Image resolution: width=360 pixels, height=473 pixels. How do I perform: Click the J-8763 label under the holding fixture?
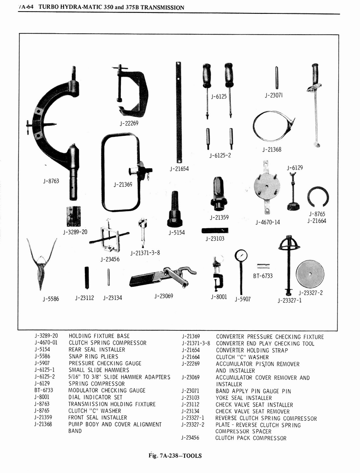coord(51,181)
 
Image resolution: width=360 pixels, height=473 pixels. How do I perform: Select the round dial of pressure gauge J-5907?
coord(240,255)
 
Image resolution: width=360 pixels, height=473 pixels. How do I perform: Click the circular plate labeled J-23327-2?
coord(310,274)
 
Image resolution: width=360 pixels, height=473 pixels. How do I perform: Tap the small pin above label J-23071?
coord(276,77)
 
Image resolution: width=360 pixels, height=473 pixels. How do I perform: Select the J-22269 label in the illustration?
coord(129,123)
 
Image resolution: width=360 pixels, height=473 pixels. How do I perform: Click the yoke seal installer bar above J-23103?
coord(215,230)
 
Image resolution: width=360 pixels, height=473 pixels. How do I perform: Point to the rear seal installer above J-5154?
coord(174,210)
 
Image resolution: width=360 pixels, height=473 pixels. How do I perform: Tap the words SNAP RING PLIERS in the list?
coord(93,357)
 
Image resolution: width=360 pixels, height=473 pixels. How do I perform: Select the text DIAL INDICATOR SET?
coord(96,397)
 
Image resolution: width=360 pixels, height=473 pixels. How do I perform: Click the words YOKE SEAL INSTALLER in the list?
coord(243,398)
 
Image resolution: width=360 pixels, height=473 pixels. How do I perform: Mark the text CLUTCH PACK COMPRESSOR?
coord(251,438)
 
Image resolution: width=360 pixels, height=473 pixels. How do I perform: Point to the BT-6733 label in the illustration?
coord(263,276)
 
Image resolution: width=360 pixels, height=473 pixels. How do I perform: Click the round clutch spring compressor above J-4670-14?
coord(267,186)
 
